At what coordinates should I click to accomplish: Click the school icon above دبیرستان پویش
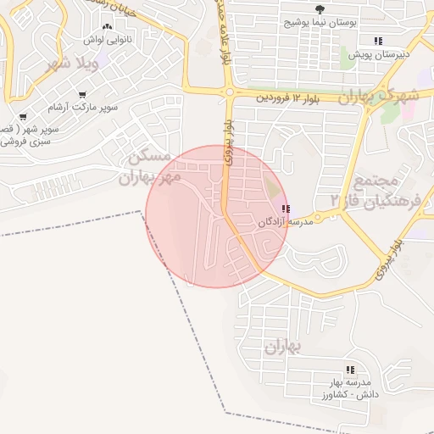click(x=378, y=41)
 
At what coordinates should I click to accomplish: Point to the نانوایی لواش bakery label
click(x=103, y=39)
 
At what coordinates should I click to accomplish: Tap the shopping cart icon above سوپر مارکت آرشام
click(x=81, y=95)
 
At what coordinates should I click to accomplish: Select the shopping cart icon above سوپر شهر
click(x=23, y=116)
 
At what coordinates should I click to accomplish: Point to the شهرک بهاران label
click(x=379, y=96)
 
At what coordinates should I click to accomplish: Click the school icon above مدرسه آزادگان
click(x=286, y=209)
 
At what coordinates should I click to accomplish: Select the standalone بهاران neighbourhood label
click(x=282, y=347)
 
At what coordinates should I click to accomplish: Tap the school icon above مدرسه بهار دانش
click(x=349, y=370)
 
